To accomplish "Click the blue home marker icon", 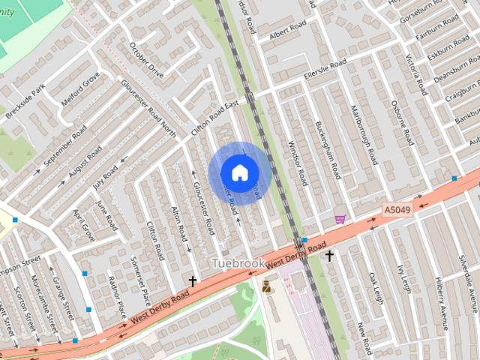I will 239,172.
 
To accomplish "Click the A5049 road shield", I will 397,211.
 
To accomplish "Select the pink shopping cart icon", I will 340,219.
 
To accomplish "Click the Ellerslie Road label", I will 325,69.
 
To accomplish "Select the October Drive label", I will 145,61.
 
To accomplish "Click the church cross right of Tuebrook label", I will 328,256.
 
